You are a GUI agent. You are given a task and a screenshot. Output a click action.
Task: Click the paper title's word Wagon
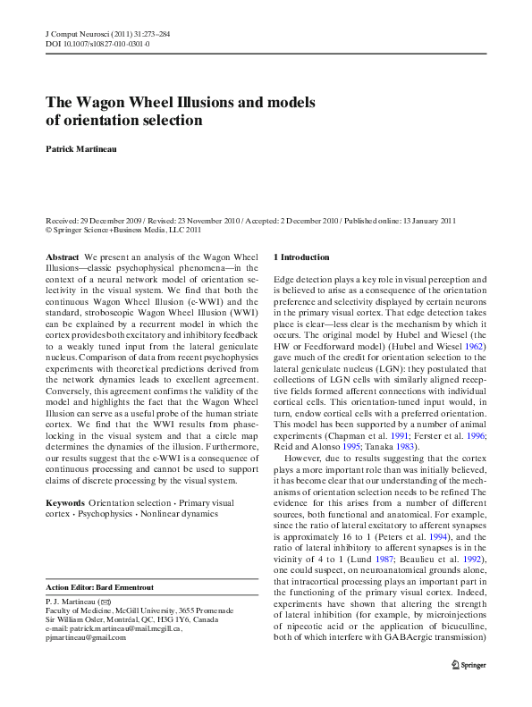pos(106,102)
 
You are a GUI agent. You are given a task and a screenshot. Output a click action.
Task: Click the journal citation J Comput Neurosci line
pos(108,33)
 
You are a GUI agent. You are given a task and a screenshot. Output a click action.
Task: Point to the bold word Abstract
pos(62,257)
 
